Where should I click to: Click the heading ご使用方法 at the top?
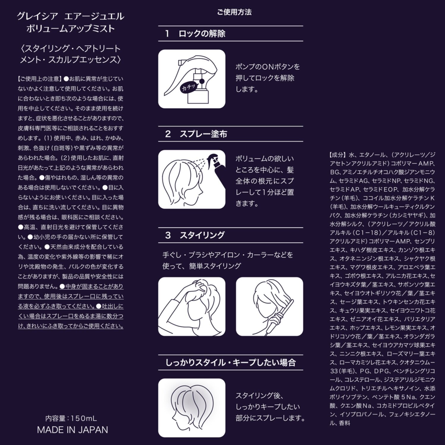(x=234, y=12)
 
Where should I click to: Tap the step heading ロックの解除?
(x=202, y=34)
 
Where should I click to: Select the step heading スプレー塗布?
(x=203, y=134)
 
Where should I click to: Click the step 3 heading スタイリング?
(x=202, y=235)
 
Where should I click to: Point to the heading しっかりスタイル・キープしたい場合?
(x=231, y=363)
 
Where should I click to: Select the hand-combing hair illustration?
(x=192, y=306)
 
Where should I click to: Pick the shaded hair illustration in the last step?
(x=192, y=407)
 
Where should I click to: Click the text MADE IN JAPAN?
(x=72, y=430)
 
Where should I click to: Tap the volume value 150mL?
(x=84, y=419)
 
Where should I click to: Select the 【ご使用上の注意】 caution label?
(x=40, y=79)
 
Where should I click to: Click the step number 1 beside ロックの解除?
(x=167, y=34)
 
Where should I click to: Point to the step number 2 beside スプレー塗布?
(x=168, y=134)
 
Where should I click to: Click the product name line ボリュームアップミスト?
(x=70, y=28)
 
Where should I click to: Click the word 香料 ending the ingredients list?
(x=344, y=423)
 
